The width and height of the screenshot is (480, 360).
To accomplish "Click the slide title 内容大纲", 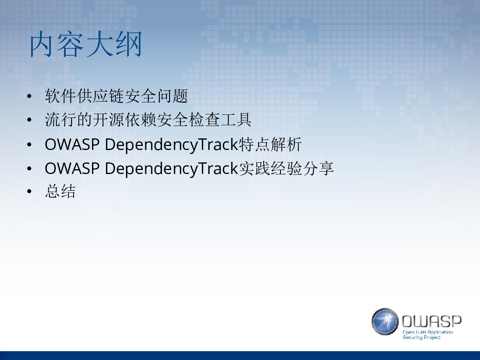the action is tap(86, 44).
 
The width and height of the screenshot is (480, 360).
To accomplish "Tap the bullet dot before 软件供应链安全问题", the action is tap(29, 96).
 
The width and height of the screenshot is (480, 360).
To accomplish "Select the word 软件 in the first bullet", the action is tap(60, 96).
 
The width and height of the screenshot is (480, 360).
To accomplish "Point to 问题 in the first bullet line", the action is tap(172, 96).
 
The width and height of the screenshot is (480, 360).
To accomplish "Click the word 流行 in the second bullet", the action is tap(60, 120).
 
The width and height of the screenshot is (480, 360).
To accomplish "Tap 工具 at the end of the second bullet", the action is tap(236, 120).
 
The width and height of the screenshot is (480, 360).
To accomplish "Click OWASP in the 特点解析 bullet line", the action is tap(72, 144).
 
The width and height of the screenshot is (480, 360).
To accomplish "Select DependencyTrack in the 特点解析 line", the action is tap(172, 145).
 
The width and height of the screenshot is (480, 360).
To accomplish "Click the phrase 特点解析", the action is tap(270, 144).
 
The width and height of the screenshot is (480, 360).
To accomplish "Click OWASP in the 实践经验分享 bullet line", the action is tap(72, 168).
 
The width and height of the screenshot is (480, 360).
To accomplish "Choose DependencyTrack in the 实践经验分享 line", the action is tap(172, 169).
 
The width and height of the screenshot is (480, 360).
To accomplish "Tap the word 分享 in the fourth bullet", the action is tap(318, 168).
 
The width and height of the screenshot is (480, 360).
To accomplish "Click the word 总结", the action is tap(60, 191).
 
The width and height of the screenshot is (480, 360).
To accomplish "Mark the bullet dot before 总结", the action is tap(29, 191).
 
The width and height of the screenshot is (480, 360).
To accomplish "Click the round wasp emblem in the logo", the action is tap(385, 322).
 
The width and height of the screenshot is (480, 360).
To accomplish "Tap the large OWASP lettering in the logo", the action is tap(432, 321).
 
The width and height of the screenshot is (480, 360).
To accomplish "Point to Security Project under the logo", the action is tap(422, 337).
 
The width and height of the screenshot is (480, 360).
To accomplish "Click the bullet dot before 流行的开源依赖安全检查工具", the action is tap(29, 120).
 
